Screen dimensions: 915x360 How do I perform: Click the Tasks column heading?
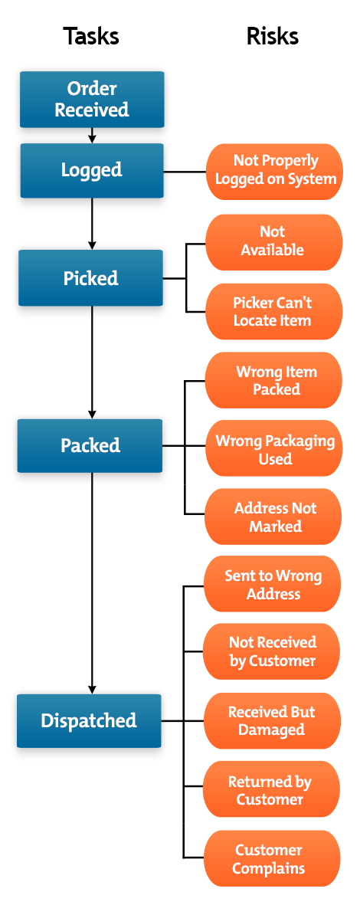tap(91, 36)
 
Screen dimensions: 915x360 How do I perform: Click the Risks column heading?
tap(272, 36)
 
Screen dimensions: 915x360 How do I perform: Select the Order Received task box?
tap(92, 100)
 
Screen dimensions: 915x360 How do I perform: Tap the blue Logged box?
tap(92, 170)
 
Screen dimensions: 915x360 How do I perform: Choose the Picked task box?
tap(91, 278)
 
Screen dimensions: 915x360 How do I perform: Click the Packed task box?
tap(90, 445)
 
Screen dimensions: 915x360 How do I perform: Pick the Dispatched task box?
tap(89, 720)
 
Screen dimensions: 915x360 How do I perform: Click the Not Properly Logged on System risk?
tap(275, 170)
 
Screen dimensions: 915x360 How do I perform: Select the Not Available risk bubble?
tap(273, 241)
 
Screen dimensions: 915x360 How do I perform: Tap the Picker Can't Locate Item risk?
tap(273, 311)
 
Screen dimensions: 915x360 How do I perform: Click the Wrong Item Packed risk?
tap(274, 381)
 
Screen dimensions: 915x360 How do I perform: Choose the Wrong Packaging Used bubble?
tap(274, 450)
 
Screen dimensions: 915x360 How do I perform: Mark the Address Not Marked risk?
tap(273, 517)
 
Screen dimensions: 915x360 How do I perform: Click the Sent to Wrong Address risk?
tap(273, 585)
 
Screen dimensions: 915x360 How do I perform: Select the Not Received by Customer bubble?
tap(272, 651)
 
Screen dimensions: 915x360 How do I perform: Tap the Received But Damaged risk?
tap(272, 721)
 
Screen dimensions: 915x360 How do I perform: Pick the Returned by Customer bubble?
tap(271, 790)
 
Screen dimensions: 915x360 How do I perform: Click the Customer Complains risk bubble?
tap(271, 859)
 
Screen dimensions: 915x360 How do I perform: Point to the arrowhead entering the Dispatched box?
tap(92, 689)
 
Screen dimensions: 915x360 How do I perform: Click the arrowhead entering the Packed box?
tap(92, 414)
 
